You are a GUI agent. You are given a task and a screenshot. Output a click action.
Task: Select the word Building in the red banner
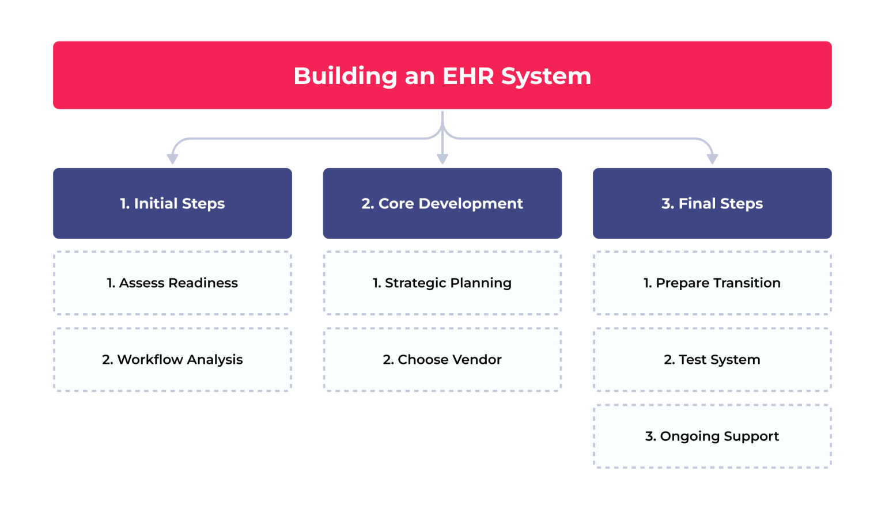coord(345,76)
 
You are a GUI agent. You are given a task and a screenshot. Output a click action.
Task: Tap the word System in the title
coord(546,76)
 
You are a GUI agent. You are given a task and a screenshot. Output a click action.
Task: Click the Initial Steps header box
coord(172,203)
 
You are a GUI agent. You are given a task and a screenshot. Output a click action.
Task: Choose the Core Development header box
coord(442,203)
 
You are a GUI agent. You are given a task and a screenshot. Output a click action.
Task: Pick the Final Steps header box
coord(712,203)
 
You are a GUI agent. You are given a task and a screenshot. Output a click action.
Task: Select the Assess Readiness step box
coord(172,283)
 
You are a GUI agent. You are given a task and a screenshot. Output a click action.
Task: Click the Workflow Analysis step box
coord(172,360)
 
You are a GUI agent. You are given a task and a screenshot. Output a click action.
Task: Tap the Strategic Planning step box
coord(442,283)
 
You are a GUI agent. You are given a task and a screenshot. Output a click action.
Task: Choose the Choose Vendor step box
coord(442,360)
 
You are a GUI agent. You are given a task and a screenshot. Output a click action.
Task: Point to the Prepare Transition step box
coord(712,283)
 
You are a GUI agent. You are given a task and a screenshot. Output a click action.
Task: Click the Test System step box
coord(712,360)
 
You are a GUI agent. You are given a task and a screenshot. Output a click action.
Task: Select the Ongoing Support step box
coord(712,436)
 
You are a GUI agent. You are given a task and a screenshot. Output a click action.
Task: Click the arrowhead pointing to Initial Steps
coord(172,158)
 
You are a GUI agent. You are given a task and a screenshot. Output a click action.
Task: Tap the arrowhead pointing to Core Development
coord(442,158)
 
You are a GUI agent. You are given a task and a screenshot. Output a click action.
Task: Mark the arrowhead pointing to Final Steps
coord(712,158)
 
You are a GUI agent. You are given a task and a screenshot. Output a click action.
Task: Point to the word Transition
coord(747,283)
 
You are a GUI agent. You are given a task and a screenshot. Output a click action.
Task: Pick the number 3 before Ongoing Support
coord(649,436)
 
